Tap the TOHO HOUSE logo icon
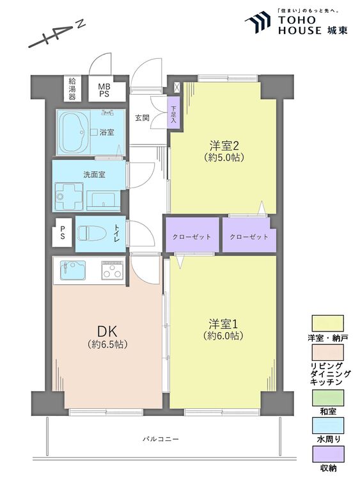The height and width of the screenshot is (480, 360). click(x=258, y=22)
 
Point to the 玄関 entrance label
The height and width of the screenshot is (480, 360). click(x=142, y=118)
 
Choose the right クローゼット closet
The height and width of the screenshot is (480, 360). click(x=249, y=236)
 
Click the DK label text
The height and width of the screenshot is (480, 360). click(x=106, y=331)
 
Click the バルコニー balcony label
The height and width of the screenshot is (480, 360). click(x=160, y=439)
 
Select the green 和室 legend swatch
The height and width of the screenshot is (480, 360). click(x=327, y=397)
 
